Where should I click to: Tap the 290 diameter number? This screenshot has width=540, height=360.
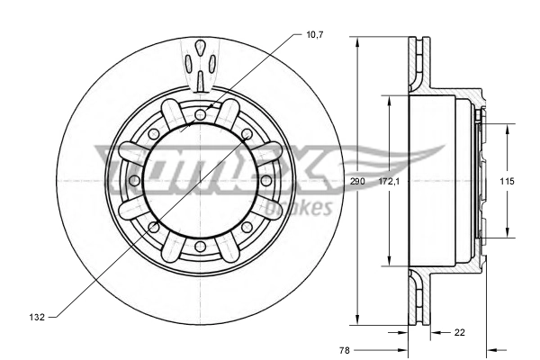click(x=358, y=181)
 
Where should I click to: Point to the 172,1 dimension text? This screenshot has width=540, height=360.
click(x=388, y=181)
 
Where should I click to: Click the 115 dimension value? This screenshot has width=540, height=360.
click(x=507, y=181)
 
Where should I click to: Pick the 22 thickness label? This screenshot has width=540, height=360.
click(x=460, y=333)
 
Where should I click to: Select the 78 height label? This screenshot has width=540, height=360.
click(x=346, y=349)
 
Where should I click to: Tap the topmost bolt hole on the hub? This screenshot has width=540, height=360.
click(x=200, y=114)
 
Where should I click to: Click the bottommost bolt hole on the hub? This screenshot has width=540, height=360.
click(x=200, y=247)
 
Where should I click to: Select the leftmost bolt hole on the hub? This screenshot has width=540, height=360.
click(x=134, y=181)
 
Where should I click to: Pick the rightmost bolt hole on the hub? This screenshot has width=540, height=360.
click(x=266, y=181)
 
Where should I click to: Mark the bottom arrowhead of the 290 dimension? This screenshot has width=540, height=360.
click(x=358, y=321)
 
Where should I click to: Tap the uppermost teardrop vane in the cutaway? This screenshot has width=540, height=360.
click(x=200, y=47)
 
